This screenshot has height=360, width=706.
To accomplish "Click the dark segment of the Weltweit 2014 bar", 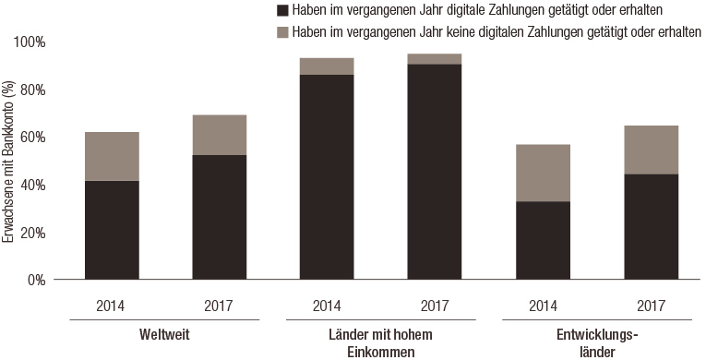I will click(112, 230).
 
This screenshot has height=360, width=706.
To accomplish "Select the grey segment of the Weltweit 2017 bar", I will click(220, 135).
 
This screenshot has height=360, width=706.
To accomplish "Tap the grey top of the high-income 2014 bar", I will click(327, 66).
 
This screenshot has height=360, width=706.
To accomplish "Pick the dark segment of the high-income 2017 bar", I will click(435, 172).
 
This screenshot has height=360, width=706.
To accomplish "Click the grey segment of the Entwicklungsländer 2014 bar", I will click(543, 173).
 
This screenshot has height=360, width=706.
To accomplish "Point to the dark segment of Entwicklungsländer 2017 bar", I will click(651, 226).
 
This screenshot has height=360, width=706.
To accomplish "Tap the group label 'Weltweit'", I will click(165, 334).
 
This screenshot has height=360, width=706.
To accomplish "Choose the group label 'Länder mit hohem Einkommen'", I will click(381, 342).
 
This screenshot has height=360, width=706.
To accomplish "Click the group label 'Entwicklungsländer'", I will click(596, 342).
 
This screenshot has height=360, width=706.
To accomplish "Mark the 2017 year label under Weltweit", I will click(220, 304).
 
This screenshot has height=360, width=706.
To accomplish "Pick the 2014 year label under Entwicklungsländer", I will click(543, 304).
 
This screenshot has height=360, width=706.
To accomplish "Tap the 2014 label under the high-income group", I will click(327, 304).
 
